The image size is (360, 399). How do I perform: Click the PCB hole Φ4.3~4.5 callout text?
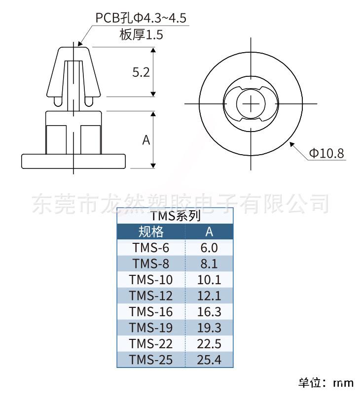click(141, 18)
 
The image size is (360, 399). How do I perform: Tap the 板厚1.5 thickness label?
click(141, 34)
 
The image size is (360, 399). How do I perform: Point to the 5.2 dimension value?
click(141, 72)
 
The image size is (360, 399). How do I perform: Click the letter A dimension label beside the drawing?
click(146, 140)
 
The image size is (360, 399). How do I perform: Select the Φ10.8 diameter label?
click(326, 153)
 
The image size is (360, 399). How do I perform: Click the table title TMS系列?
click(175, 216)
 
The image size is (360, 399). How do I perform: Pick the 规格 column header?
click(151, 232)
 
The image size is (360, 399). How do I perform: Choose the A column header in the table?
click(209, 232)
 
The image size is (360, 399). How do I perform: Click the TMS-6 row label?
click(151, 247)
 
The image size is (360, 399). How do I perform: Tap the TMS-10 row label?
click(151, 280)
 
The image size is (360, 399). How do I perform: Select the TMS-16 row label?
click(151, 312)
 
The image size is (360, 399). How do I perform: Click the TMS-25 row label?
click(151, 360)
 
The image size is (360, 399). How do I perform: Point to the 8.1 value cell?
click(209, 264)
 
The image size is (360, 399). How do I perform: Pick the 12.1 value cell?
click(209, 296)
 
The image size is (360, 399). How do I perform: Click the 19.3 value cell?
click(209, 328)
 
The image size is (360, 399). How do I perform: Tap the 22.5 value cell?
click(209, 344)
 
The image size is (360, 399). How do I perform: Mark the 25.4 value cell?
click(209, 360)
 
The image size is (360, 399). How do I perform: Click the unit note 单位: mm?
click(326, 383)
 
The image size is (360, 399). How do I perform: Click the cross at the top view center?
click(251, 104)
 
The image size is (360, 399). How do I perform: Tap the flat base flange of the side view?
click(73, 161)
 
